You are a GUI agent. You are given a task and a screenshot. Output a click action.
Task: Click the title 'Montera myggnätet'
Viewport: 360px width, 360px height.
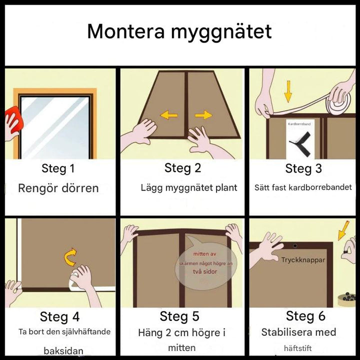pyautogui.click(x=179, y=32)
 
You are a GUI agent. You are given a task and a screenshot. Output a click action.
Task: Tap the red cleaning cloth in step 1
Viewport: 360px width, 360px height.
pyautogui.click(x=14, y=119)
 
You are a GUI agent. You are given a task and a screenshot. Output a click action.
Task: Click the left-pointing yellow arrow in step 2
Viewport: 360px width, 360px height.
pyautogui.click(x=169, y=115)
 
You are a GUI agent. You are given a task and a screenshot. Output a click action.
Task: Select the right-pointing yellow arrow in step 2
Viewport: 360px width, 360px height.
pyautogui.click(x=203, y=115)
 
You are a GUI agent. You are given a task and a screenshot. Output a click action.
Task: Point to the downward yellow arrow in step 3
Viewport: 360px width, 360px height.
pyautogui.click(x=288, y=91)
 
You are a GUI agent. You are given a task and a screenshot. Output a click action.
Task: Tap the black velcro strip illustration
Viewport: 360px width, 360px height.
pyautogui.click(x=301, y=144)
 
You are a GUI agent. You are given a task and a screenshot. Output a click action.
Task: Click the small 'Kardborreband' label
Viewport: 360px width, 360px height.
pyautogui.click(x=299, y=124)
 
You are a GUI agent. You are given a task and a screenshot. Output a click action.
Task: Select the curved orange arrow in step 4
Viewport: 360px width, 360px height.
pyautogui.click(x=70, y=257)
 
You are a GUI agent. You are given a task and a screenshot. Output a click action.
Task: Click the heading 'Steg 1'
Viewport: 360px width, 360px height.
pyautogui.click(x=58, y=168)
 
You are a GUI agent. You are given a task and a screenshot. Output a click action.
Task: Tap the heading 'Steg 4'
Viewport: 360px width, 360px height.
pyautogui.click(x=59, y=317)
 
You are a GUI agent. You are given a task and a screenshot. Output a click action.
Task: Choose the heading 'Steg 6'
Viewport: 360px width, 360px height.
pyautogui.click(x=305, y=316)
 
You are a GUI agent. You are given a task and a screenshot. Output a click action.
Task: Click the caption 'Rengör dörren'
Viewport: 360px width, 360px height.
pyautogui.click(x=58, y=188)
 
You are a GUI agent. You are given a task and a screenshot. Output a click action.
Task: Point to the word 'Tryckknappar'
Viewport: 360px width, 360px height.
pyautogui.click(x=303, y=260)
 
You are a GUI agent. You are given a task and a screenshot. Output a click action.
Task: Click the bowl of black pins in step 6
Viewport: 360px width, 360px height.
pyautogui.click(x=346, y=299)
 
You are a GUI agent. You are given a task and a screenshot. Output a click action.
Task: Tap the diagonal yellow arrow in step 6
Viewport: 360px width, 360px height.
pyautogui.click(x=343, y=230)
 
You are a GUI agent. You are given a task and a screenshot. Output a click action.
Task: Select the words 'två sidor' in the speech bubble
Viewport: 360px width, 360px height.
pyautogui.click(x=205, y=271)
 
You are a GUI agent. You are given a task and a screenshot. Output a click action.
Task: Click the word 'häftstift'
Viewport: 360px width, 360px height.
pyautogui.click(x=298, y=348)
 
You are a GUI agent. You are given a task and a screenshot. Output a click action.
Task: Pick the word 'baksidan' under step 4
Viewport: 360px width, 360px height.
pyautogui.click(x=63, y=351)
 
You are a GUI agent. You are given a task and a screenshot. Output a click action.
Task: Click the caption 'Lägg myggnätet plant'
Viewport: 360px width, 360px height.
pyautogui.click(x=188, y=188)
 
